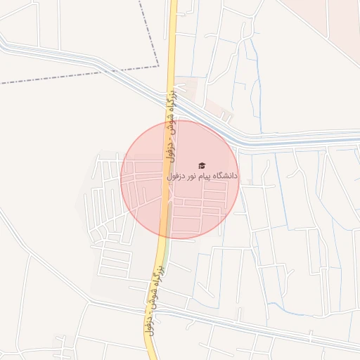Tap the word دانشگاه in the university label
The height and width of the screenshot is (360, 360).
point(225,176)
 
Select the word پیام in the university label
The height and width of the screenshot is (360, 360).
point(204,176)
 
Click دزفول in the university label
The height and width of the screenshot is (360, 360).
point(176,176)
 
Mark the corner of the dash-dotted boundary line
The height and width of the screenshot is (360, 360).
point(159,66)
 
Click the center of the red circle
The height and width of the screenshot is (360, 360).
point(179,179)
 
